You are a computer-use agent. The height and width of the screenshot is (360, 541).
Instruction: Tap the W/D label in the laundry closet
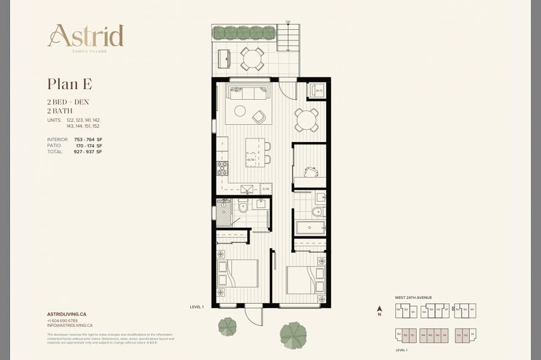pyautogui.click(x=319, y=91)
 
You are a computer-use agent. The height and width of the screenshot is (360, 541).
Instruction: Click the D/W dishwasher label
pyautogui.click(x=266, y=190)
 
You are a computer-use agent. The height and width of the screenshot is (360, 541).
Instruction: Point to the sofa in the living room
pyautogui.click(x=249, y=93)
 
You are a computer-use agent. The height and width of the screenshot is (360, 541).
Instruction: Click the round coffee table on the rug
pyautogui.click(x=240, y=110)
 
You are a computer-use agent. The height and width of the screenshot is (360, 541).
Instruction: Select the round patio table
pyautogui.click(x=252, y=59)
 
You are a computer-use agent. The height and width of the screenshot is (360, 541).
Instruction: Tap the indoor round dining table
pyautogui.click(x=306, y=120)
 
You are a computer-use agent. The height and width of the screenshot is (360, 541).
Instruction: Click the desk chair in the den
pyautogui.click(x=310, y=172)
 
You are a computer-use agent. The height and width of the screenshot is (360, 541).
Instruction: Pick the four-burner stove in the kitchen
pyautogui.click(x=222, y=168)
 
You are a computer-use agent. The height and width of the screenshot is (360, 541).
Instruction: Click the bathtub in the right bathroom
pyautogui.click(x=310, y=228)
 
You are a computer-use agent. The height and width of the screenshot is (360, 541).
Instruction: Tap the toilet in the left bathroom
pyautogui.click(x=243, y=208)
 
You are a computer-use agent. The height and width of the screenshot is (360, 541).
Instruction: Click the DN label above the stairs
pyautogui.click(x=288, y=22)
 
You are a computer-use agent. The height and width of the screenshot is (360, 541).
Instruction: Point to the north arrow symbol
pyautogui.click(x=379, y=310)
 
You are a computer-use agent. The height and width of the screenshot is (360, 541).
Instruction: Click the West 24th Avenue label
pyautogui.click(x=413, y=297)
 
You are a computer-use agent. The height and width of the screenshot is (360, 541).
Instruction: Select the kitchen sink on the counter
pyautogui.click(x=247, y=190)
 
